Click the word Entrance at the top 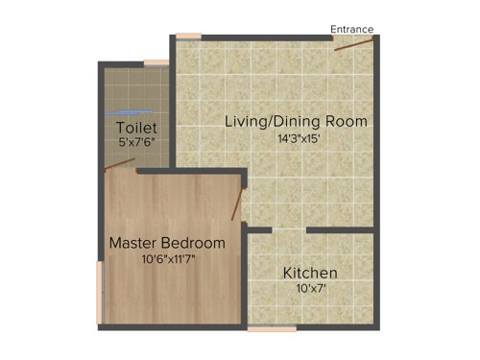click(352, 29)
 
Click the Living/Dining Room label click(297, 122)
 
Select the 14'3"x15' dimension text click(296, 138)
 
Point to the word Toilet click(136, 128)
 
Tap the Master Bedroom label click(167, 243)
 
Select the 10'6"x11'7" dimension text click(166, 258)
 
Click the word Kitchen click(310, 273)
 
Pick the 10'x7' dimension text click(309, 288)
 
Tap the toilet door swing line click(119, 164)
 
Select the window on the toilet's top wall click(156, 63)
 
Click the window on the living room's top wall click(188, 36)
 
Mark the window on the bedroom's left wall click(100, 294)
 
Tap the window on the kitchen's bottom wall click(273, 328)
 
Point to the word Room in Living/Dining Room click(349, 122)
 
